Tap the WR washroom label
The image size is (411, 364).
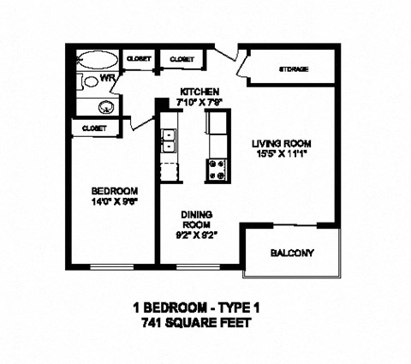pyautogui.click(x=109, y=79)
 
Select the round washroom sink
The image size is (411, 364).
pyautogui.click(x=107, y=108)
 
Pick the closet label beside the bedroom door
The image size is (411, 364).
pyautogui.click(x=93, y=128)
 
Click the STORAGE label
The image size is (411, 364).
pyautogui.click(x=294, y=69)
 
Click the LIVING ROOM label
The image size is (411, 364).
pyautogui.click(x=281, y=143)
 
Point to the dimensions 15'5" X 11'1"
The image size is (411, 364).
pyautogui.click(x=281, y=154)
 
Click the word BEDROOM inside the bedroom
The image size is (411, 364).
pyautogui.click(x=115, y=190)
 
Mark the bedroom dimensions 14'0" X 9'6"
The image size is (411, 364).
pyautogui.click(x=115, y=201)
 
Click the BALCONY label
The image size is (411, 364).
pyautogui.click(x=292, y=253)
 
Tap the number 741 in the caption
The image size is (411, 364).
pyautogui.click(x=152, y=323)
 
